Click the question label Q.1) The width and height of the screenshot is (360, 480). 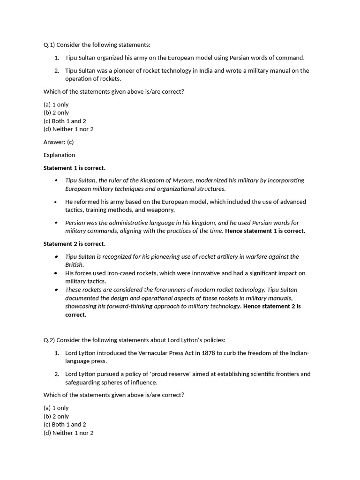[x=49, y=45]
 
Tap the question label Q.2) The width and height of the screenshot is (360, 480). [x=49, y=340]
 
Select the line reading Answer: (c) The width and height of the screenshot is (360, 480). [x=59, y=142]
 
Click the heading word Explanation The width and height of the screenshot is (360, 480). [x=59, y=155]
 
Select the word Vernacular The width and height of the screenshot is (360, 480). [x=152, y=353]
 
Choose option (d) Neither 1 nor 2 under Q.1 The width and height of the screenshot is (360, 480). [x=68, y=129]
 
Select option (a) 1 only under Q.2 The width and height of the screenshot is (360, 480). [x=56, y=408]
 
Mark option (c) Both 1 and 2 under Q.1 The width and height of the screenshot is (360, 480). [x=65, y=121]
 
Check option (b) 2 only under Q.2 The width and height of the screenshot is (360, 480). [x=56, y=416]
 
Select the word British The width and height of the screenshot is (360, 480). [x=74, y=265]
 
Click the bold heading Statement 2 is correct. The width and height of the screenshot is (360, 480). [x=75, y=244]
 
